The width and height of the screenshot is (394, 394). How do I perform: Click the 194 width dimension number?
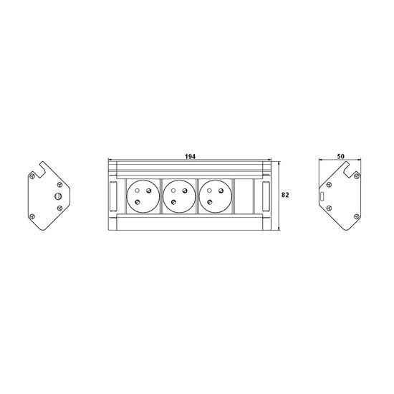click(x=190, y=157)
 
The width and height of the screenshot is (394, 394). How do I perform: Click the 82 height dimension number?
click(x=285, y=195)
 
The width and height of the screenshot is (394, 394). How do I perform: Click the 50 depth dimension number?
click(x=340, y=156)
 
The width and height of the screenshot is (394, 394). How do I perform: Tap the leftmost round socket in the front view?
click(x=143, y=196)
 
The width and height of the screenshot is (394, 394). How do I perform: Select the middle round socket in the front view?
click(x=179, y=196)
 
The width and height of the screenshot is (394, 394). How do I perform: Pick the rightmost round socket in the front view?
click(x=215, y=196)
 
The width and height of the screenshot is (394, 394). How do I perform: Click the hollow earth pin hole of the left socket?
click(x=137, y=191)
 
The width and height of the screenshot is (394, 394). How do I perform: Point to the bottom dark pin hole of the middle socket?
click(x=173, y=202)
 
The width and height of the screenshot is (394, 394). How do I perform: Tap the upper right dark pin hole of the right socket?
click(x=221, y=191)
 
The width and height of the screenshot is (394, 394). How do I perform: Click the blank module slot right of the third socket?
click(x=244, y=196)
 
